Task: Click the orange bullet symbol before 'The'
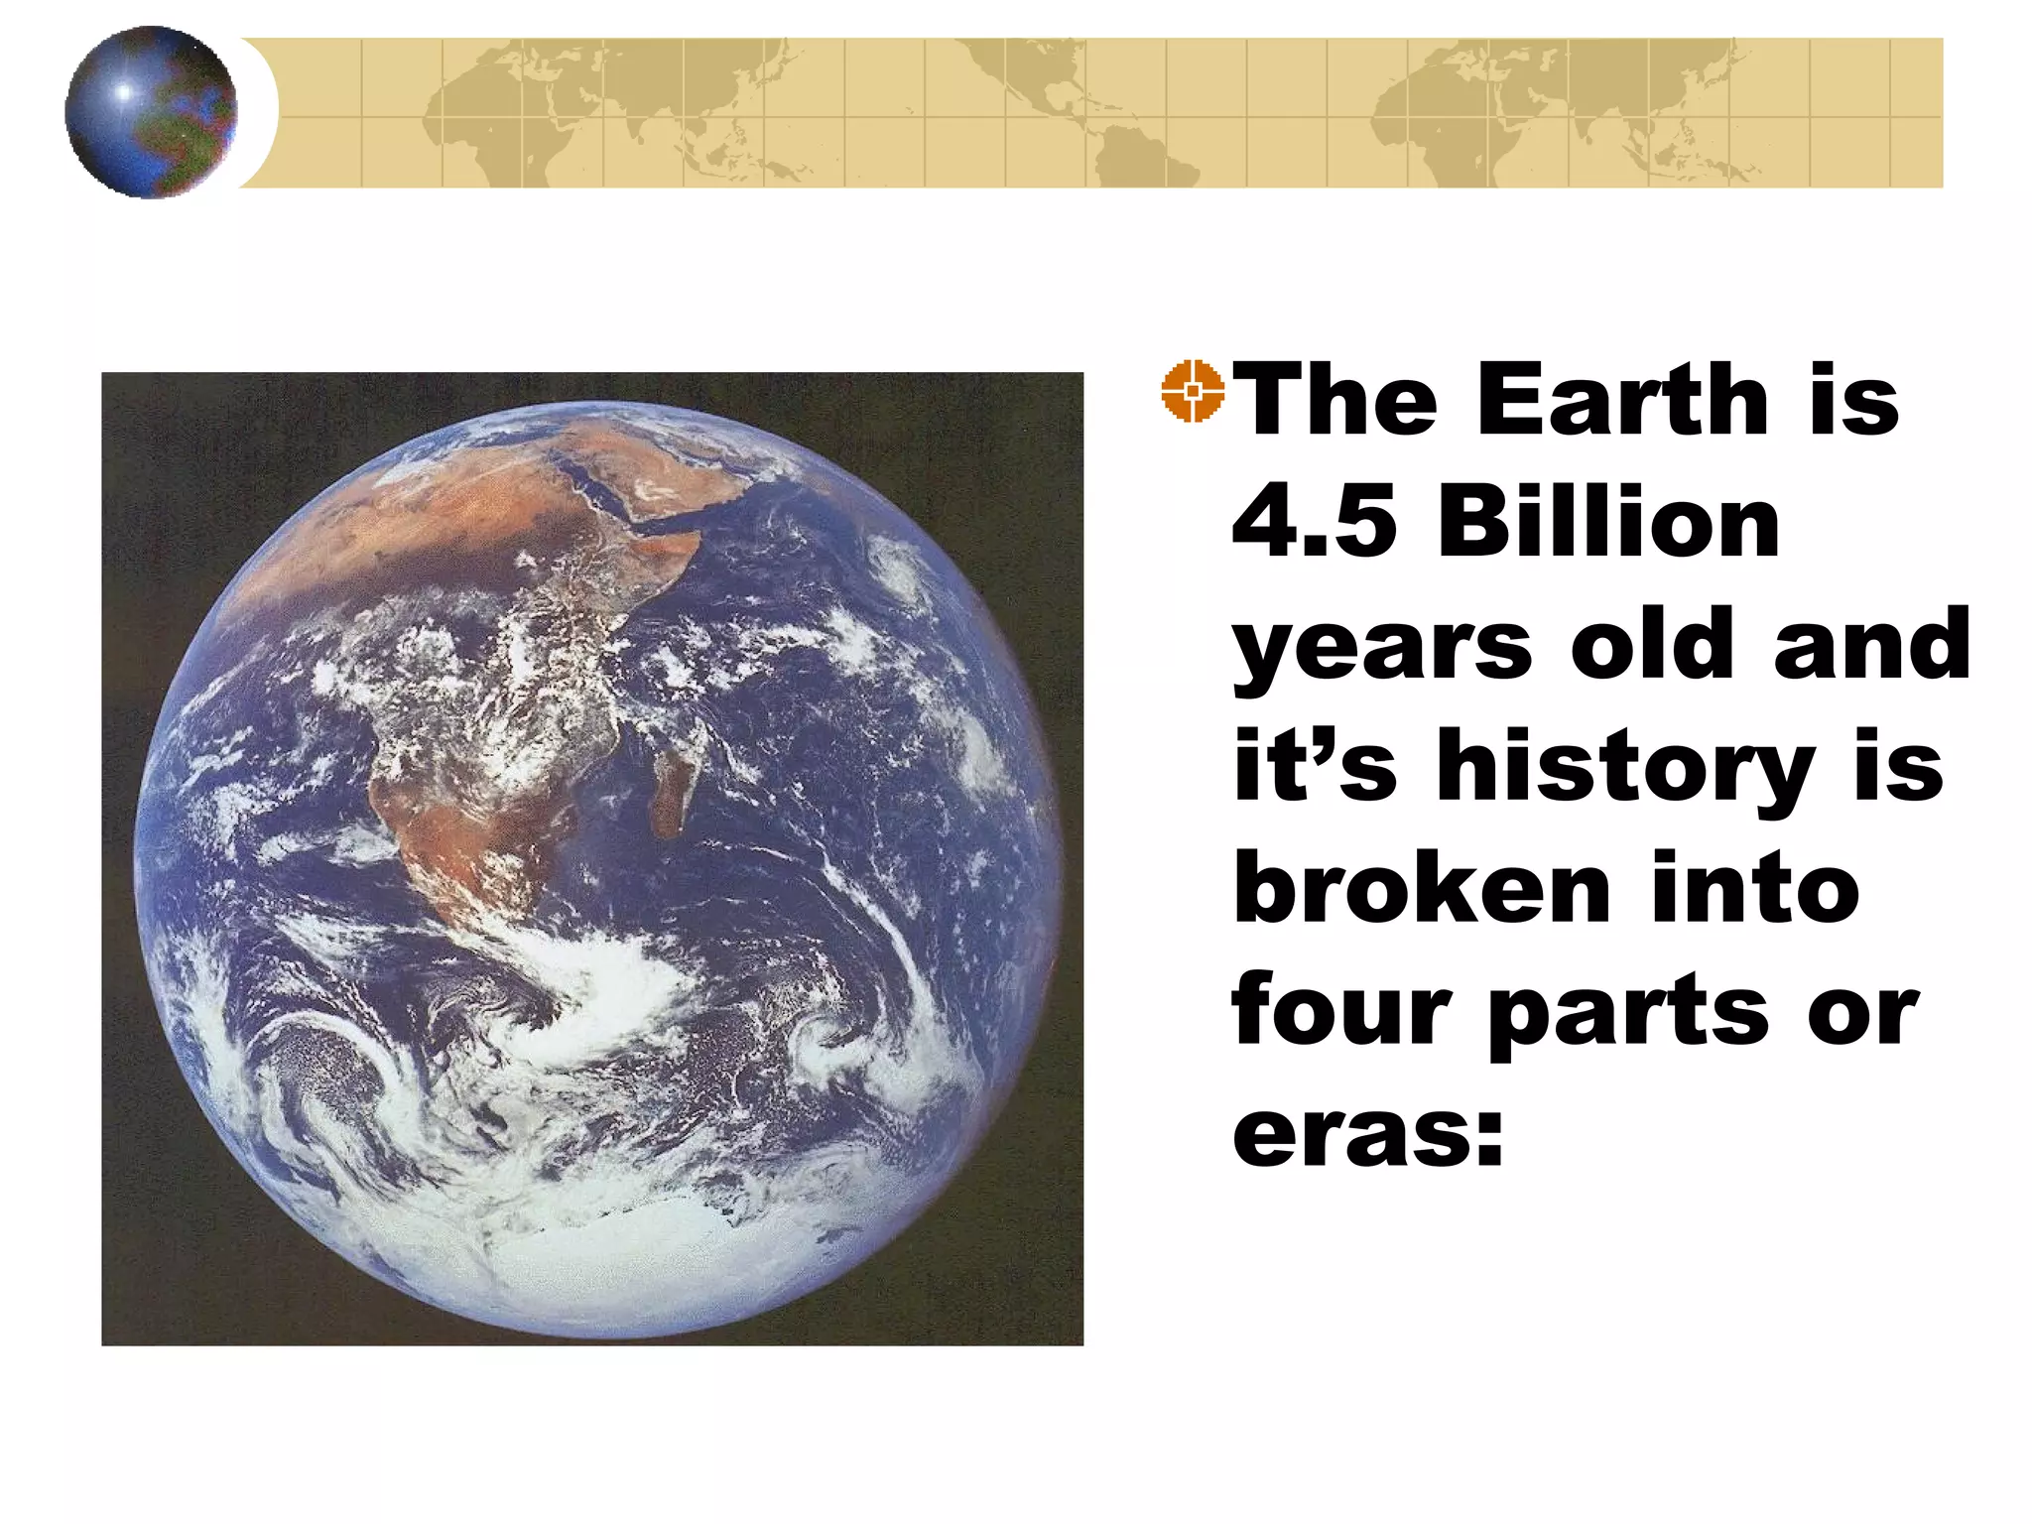[1194, 391]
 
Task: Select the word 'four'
[1340, 1009]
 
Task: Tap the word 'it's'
[1316, 765]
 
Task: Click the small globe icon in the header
[151, 112]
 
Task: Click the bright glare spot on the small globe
[124, 91]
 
